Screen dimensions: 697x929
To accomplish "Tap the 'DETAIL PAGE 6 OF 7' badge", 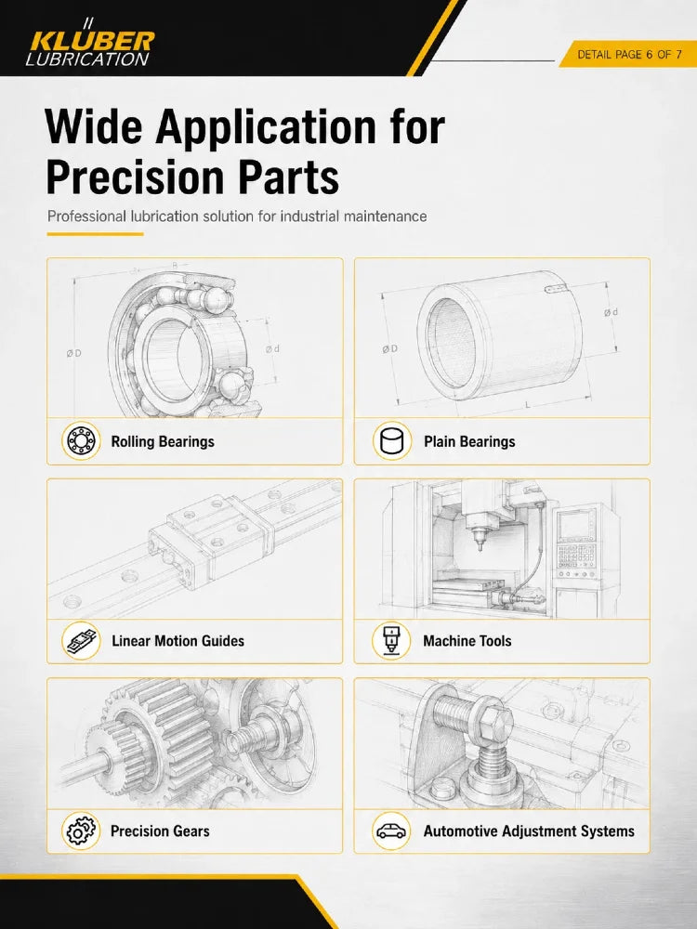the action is point(629,55).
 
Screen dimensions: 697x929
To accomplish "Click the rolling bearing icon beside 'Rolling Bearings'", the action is point(81,441).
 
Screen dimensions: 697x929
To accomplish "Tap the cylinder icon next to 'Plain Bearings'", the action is point(392,441).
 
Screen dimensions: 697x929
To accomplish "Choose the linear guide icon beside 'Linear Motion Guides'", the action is point(81,640).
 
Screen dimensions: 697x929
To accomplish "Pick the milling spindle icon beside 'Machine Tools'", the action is point(391,640).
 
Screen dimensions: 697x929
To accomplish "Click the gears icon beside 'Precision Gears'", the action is point(81,831).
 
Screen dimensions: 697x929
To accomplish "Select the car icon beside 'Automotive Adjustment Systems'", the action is point(391,831).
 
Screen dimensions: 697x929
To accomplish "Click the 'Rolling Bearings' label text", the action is point(163,442).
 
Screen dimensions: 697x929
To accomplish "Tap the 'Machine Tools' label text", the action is point(467,641).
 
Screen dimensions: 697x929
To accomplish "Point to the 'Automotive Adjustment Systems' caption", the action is point(529,831).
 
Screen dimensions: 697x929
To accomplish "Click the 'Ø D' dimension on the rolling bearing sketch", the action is point(74,354).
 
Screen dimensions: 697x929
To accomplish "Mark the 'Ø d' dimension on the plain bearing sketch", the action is point(612,312).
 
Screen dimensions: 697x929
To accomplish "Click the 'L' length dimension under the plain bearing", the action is point(528,405).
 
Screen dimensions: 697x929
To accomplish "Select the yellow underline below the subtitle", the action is point(95,234).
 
